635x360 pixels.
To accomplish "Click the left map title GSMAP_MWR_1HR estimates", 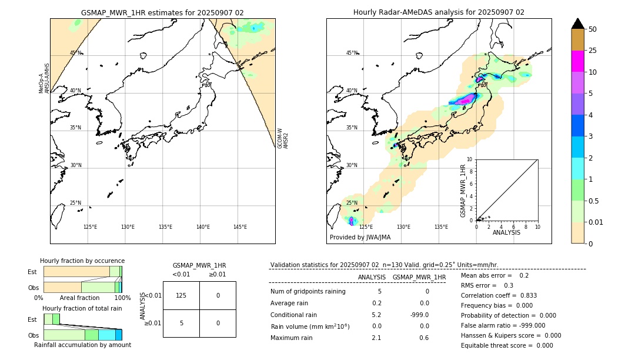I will (162, 12).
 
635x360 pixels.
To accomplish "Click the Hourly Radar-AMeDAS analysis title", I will (439, 12).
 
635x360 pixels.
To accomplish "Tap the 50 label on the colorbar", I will (593, 29).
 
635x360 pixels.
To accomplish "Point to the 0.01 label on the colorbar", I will (597, 222).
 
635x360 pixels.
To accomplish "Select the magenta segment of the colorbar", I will (577, 61).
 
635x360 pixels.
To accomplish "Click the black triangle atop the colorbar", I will (577, 24).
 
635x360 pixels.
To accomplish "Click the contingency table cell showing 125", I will (181, 295).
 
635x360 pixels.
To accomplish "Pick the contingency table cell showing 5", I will (181, 323).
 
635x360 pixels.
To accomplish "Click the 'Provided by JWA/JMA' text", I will (360, 238).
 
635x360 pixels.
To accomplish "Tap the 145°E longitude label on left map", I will (240, 227).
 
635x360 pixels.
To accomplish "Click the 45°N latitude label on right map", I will (352, 54).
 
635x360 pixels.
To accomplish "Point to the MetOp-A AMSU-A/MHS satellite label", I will (44, 78).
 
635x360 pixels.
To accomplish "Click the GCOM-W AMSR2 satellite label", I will (283, 138).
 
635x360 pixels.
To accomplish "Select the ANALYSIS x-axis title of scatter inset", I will (506, 233).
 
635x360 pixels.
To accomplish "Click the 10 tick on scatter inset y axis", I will (470, 159).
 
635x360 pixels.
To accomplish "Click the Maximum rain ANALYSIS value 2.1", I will (376, 338).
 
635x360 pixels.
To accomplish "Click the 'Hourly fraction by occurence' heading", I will (82, 261).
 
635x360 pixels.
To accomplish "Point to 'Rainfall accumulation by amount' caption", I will (82, 345).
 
